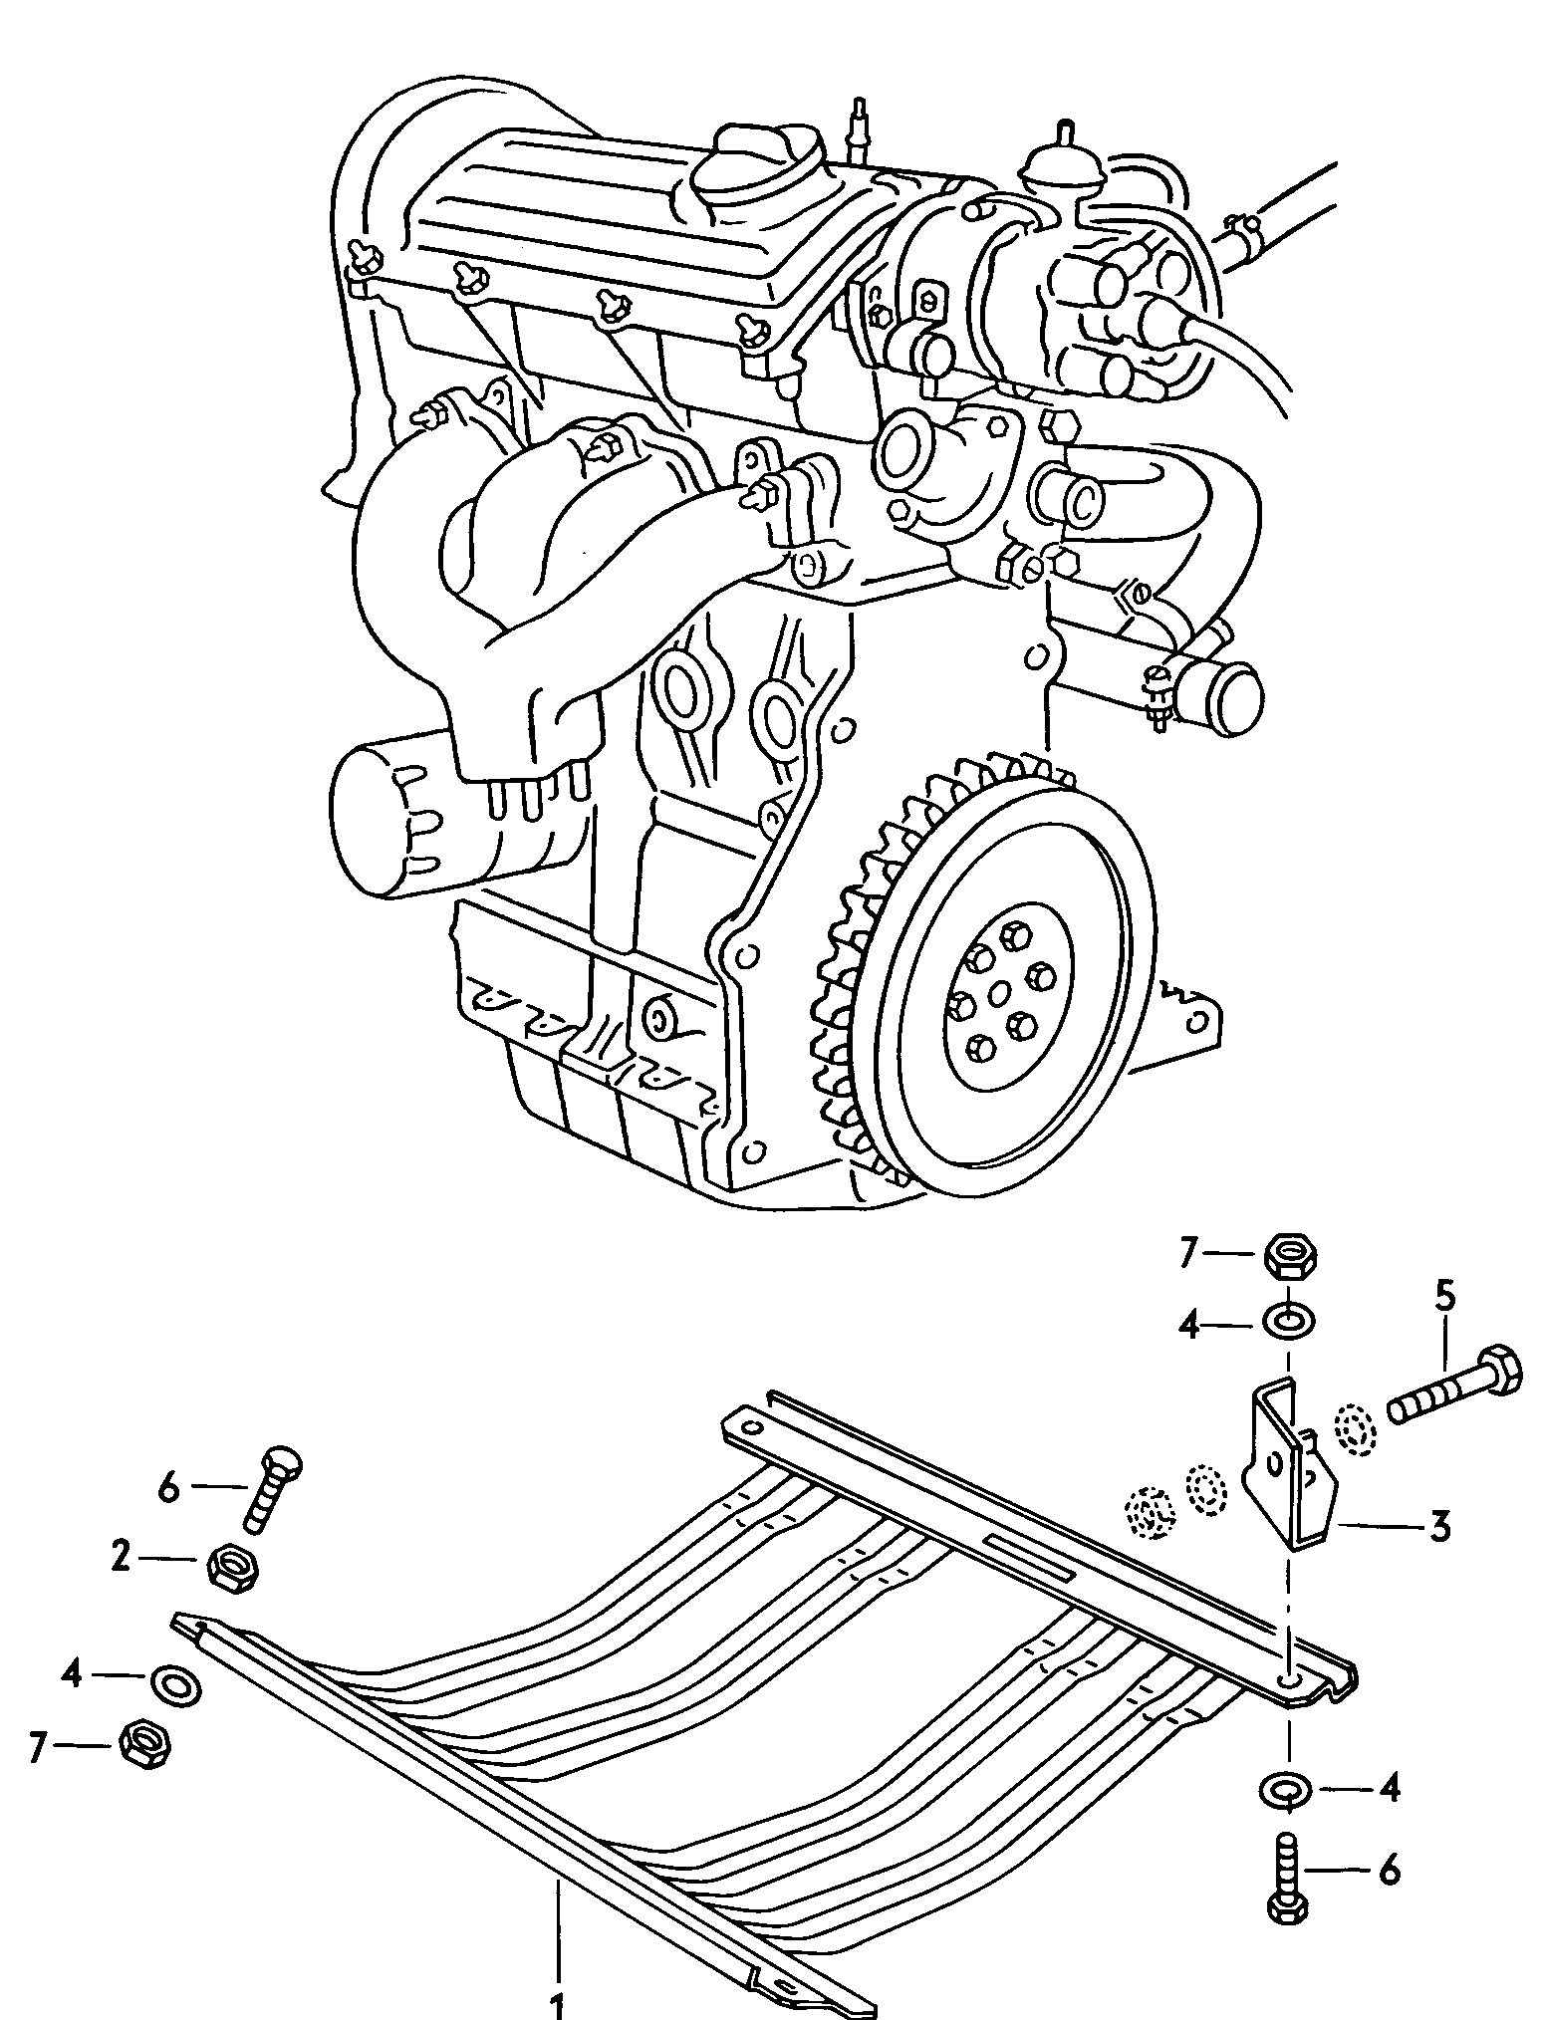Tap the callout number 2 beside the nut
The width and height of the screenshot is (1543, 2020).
pyautogui.click(x=122, y=1556)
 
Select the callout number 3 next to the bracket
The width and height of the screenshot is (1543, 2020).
pyautogui.click(x=1438, y=1526)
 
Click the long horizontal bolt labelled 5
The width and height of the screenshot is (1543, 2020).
pyautogui.click(x=1454, y=1388)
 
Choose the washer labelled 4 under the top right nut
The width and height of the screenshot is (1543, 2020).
pyautogui.click(x=1289, y=1322)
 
